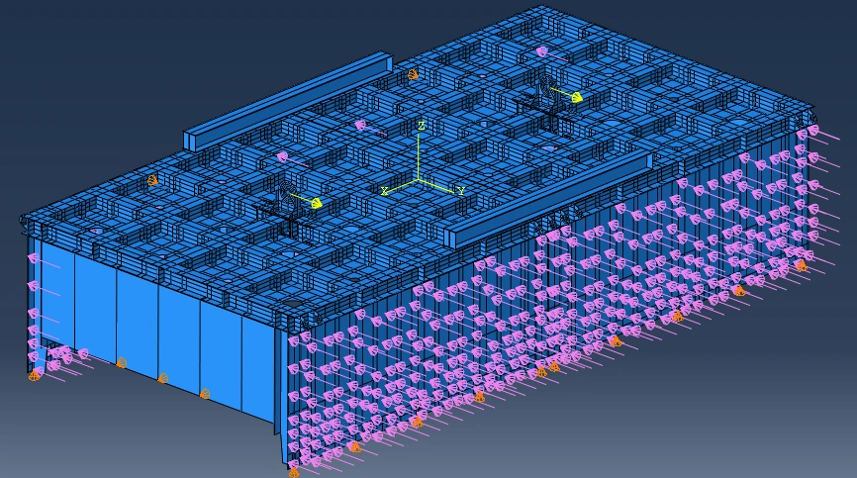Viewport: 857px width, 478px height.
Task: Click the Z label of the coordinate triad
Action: point(421,127)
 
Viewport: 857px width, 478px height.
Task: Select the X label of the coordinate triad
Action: point(385,191)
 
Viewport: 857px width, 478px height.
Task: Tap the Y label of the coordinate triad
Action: point(461,191)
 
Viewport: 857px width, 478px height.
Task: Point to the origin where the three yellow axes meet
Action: point(419,179)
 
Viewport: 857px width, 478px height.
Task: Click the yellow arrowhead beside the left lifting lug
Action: point(316,203)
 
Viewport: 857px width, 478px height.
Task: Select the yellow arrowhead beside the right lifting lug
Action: point(576,97)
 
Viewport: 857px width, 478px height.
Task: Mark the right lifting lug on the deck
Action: point(545,89)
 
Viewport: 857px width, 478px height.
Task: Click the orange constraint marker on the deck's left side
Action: point(153,180)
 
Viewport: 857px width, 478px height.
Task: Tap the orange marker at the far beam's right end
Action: point(413,74)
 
